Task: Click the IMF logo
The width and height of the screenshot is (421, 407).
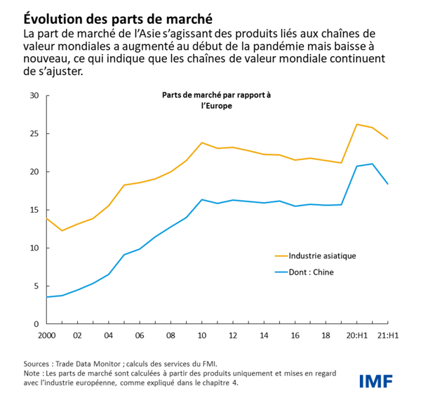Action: point(376,381)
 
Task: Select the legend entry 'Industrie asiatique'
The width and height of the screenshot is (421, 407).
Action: point(321,256)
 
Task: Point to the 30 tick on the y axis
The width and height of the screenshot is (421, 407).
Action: point(34,95)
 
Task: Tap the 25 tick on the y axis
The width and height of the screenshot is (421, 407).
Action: point(34,133)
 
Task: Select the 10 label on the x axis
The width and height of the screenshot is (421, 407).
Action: point(202,336)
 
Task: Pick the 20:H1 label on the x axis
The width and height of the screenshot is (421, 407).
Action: point(356,336)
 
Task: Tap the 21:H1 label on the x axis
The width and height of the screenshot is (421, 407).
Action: point(387,336)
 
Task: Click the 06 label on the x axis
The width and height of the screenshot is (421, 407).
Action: point(140,336)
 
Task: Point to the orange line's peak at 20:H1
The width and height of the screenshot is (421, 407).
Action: point(357,124)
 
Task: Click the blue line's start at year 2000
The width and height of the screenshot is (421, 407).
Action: point(47,297)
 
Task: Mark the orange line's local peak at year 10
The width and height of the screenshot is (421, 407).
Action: point(202,142)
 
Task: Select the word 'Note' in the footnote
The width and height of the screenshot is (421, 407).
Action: point(32,374)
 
